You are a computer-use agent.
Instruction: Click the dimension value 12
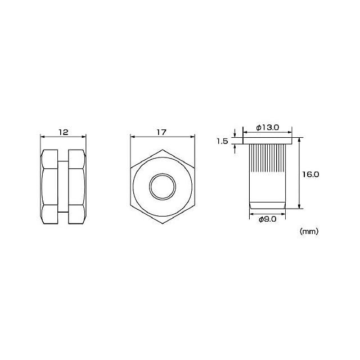click(x=64, y=132)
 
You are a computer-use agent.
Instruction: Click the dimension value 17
click(x=161, y=132)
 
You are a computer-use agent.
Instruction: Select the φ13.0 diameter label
click(x=268, y=128)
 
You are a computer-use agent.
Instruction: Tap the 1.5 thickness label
click(x=222, y=141)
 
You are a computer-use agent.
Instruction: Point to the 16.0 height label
click(x=310, y=175)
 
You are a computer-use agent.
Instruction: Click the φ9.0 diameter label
click(x=268, y=219)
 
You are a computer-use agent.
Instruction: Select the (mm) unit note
click(x=309, y=231)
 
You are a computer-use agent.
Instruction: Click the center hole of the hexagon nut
click(x=163, y=187)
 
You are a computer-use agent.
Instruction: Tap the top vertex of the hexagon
click(x=163, y=150)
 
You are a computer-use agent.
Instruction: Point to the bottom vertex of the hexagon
click(x=163, y=224)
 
